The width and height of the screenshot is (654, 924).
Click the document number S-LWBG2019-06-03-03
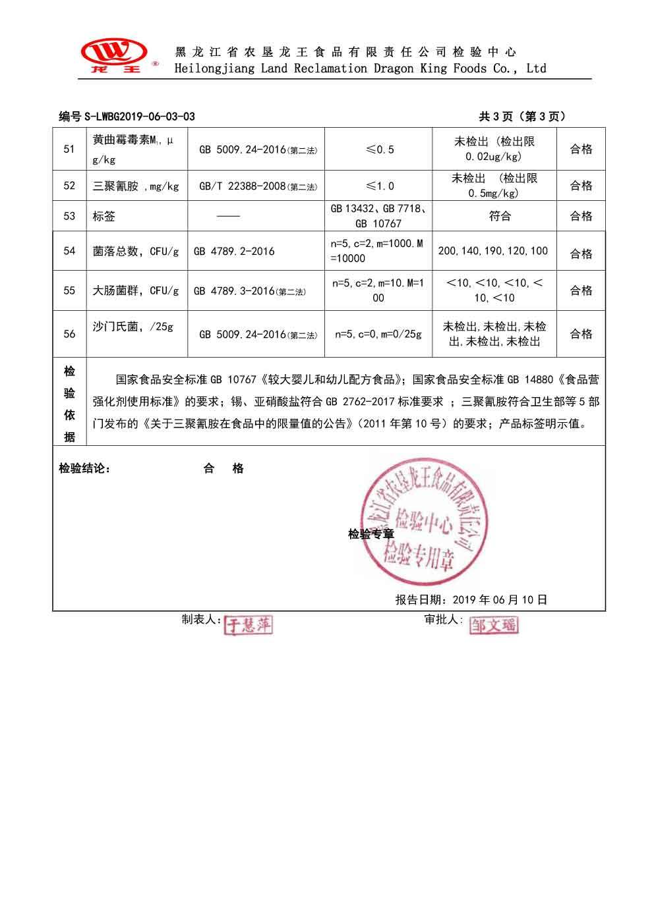127,117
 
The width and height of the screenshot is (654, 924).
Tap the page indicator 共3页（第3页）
522,117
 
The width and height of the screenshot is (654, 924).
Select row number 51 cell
69,149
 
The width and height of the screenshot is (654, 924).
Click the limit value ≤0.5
379,149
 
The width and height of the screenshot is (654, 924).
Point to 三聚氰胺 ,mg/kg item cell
136,186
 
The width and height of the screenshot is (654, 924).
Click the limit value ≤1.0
379,186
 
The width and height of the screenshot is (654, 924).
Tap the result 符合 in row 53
500,216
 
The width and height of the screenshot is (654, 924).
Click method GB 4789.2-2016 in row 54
234,252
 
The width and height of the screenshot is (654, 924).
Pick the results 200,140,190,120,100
492,252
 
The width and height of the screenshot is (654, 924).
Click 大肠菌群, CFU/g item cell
136,290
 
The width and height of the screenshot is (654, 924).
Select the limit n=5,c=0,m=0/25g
378,335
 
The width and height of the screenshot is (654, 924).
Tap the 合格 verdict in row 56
581,335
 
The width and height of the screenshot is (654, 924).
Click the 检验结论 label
85,469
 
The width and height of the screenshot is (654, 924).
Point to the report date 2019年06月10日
471,600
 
